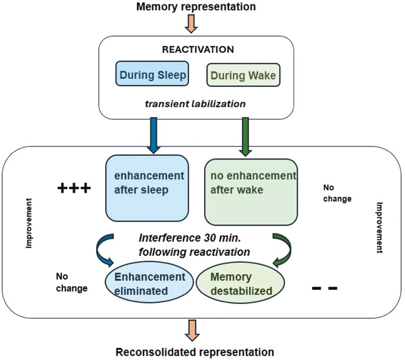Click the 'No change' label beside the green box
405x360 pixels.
pyautogui.click(x=337, y=194)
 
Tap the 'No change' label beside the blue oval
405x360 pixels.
pyautogui.click(x=71, y=282)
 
